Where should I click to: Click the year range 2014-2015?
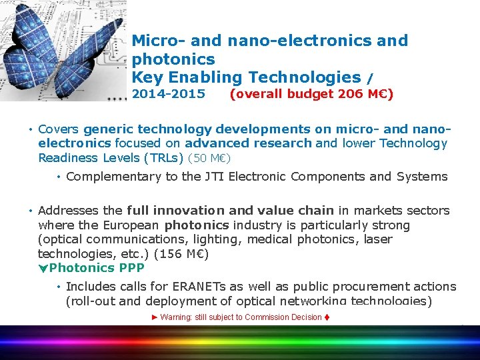169,94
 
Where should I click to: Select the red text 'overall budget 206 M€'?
311,94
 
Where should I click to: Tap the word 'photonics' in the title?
173,59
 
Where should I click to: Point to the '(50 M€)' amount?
209,159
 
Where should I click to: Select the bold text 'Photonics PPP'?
97,268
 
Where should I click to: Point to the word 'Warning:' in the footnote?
175,317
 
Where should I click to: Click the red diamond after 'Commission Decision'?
327,317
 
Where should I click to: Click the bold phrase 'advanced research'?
248,143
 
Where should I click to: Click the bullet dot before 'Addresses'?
31,211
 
